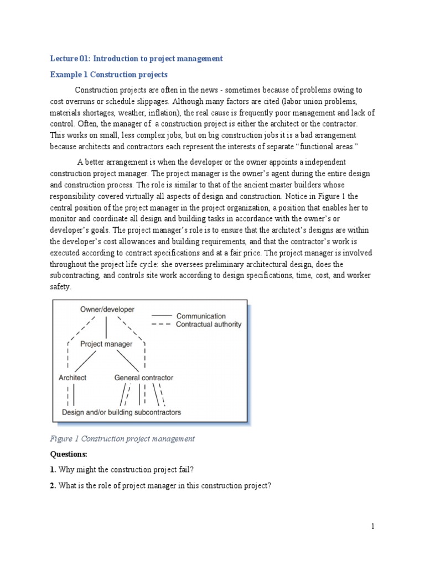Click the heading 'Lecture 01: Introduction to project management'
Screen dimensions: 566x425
[x=136, y=58]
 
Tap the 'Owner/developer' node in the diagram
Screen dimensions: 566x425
[x=107, y=310]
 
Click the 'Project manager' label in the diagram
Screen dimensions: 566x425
[x=106, y=344]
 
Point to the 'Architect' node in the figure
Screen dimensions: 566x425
[x=72, y=378]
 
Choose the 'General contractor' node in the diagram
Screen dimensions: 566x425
[x=143, y=378]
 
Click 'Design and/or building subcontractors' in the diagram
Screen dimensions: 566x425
[x=121, y=412]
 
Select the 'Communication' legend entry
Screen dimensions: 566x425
[x=201, y=316]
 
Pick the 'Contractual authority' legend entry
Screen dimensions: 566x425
[x=209, y=324]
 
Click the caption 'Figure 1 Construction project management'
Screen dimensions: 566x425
[x=122, y=439]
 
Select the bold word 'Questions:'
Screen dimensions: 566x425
[x=69, y=454]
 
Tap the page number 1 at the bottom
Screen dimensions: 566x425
[x=373, y=527]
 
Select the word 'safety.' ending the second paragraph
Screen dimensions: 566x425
[x=60, y=287]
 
